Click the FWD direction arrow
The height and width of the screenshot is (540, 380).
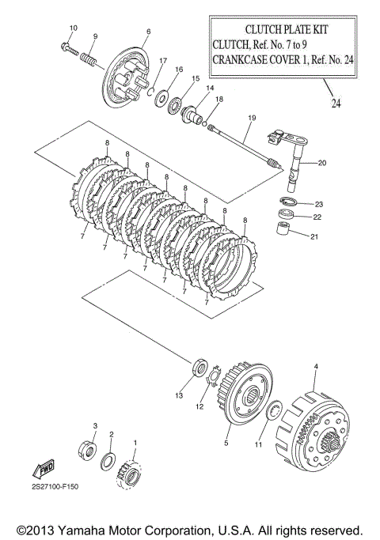(x=44, y=468)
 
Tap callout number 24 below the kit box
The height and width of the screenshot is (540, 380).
(x=336, y=103)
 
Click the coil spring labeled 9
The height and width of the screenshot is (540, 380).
(x=89, y=59)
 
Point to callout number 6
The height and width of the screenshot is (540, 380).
(x=149, y=32)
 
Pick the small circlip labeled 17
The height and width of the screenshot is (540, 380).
(x=150, y=93)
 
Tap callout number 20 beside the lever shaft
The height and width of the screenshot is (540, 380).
(x=321, y=163)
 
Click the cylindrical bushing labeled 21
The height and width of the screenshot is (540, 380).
(x=283, y=228)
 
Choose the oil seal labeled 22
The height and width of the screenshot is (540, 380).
(x=287, y=213)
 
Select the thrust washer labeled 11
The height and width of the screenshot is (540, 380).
(x=275, y=410)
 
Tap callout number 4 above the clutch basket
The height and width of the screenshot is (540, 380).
(x=316, y=367)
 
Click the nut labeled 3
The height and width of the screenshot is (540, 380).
(x=86, y=449)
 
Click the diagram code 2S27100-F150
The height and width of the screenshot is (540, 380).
(x=55, y=486)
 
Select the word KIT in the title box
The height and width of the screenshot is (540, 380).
(x=320, y=29)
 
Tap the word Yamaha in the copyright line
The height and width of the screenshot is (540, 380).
(x=78, y=530)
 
